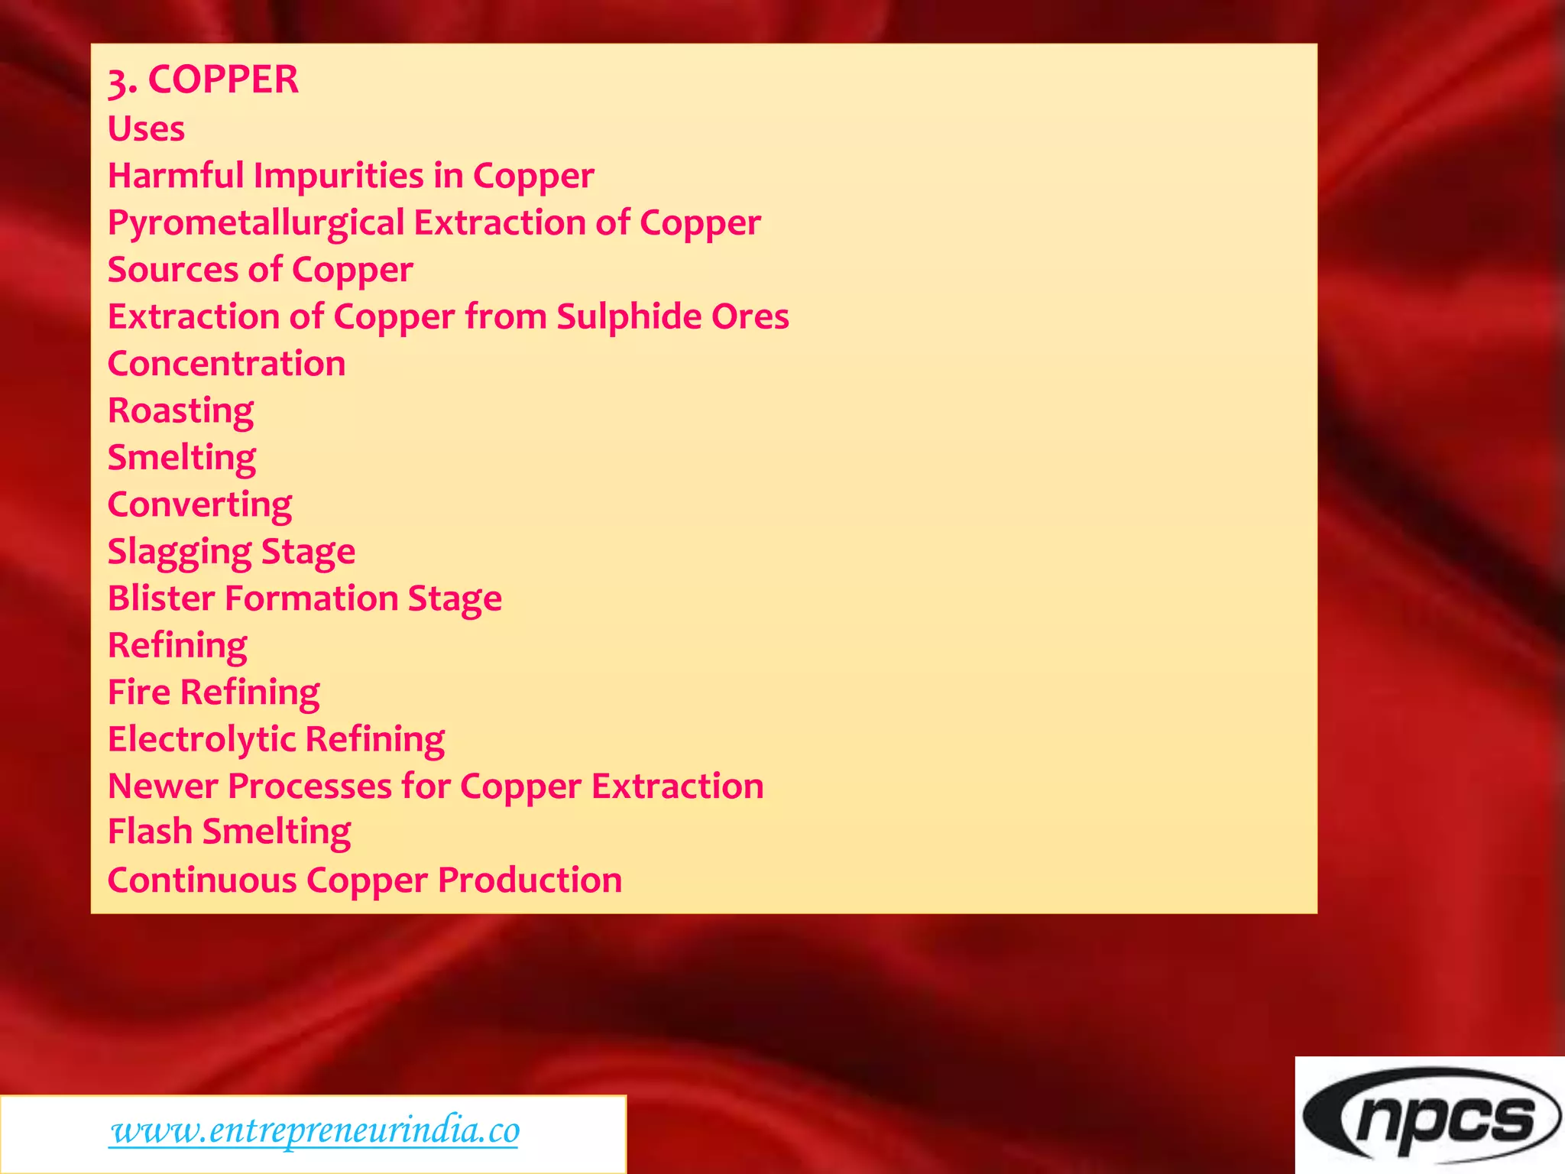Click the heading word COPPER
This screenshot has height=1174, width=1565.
pos(223,79)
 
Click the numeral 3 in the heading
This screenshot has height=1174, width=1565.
pos(118,81)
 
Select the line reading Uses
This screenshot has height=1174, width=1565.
pos(146,128)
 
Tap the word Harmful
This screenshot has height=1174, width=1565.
pos(176,175)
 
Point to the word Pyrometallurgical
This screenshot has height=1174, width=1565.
pos(256,223)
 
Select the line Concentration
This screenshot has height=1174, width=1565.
pos(226,363)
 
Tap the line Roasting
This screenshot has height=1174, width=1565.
pos(180,411)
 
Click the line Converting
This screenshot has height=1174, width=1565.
pos(199,505)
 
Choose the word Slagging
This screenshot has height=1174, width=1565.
pos(180,552)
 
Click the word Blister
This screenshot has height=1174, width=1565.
pos(161,598)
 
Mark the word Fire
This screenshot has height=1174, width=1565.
pos(139,692)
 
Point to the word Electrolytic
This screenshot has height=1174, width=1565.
pos(202,739)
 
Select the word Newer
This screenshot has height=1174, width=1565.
pos(163,786)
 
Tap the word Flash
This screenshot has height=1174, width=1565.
pos(150,832)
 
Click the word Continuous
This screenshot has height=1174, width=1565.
pos(202,880)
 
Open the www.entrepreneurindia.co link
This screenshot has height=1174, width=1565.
pos(315,1130)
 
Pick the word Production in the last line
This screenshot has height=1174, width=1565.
pos(530,880)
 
